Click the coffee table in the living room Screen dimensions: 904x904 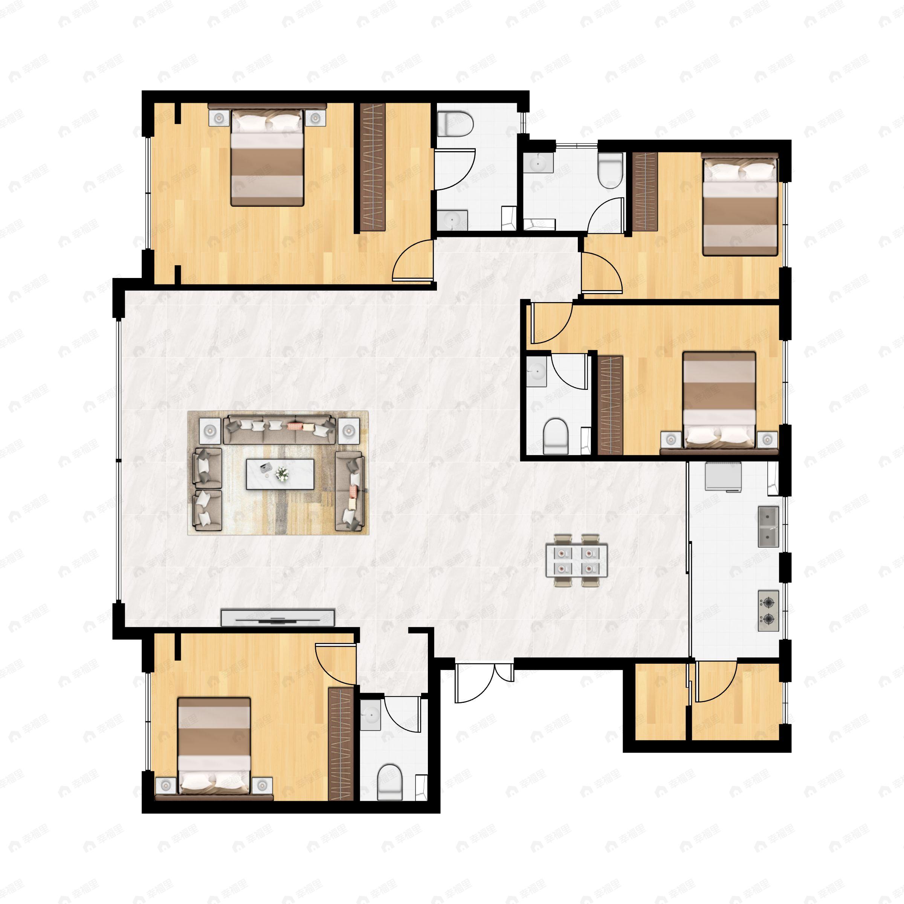tap(280, 474)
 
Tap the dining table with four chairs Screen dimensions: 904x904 tap(576, 560)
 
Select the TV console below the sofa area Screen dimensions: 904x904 tap(278, 618)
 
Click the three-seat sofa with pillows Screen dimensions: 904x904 tap(279, 429)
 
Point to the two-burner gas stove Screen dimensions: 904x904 tap(768, 610)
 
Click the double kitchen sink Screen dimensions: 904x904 tap(768, 527)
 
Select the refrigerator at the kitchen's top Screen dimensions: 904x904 tap(723, 476)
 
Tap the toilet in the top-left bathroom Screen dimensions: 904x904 tap(455, 124)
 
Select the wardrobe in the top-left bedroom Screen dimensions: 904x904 tap(372, 166)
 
